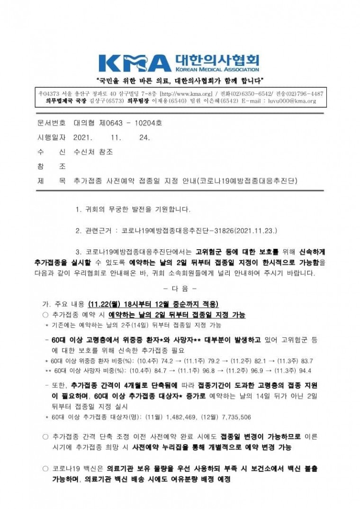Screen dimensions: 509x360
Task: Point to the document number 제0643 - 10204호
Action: [x=118, y=124]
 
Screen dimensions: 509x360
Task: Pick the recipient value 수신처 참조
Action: [x=93, y=152]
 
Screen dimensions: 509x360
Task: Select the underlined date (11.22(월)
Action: [x=105, y=304]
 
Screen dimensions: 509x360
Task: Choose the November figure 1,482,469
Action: [x=185, y=418]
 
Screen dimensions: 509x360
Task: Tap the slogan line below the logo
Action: [x=180, y=79]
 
